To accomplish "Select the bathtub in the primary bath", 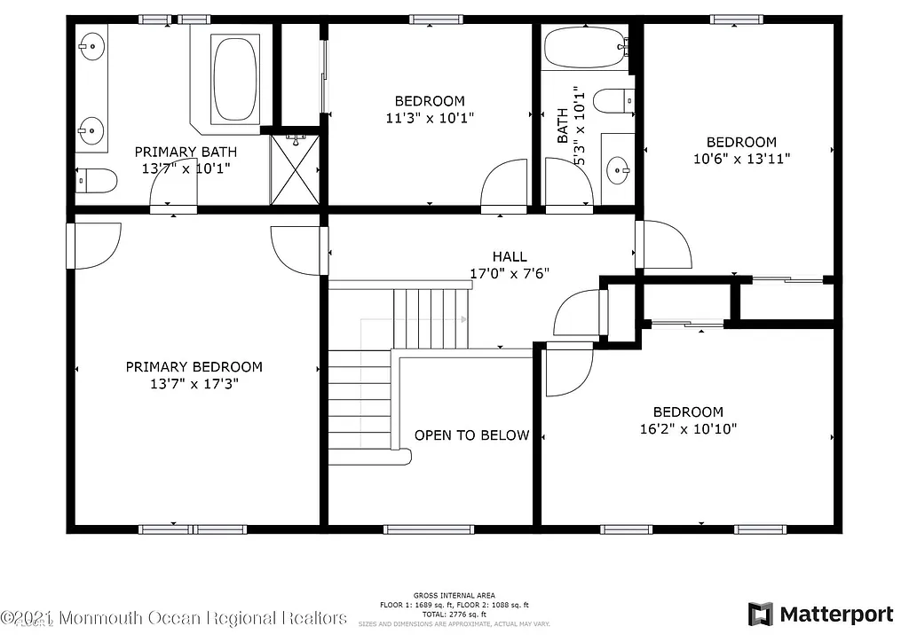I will [234, 78].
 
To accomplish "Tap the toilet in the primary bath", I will [96, 180].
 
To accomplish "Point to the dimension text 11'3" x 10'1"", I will [430, 117].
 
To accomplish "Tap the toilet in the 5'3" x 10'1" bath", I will [613, 101].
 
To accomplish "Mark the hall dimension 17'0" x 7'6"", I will [509, 273].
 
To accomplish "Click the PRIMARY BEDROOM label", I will [194, 367].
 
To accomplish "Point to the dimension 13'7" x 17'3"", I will [194, 384].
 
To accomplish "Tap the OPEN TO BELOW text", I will [471, 435].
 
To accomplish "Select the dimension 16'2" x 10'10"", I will [688, 428].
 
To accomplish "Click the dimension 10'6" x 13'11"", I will [741, 159].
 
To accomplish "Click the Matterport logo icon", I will [760, 614].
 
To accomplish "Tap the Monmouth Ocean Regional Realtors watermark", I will [174, 617].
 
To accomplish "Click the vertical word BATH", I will [562, 126].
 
